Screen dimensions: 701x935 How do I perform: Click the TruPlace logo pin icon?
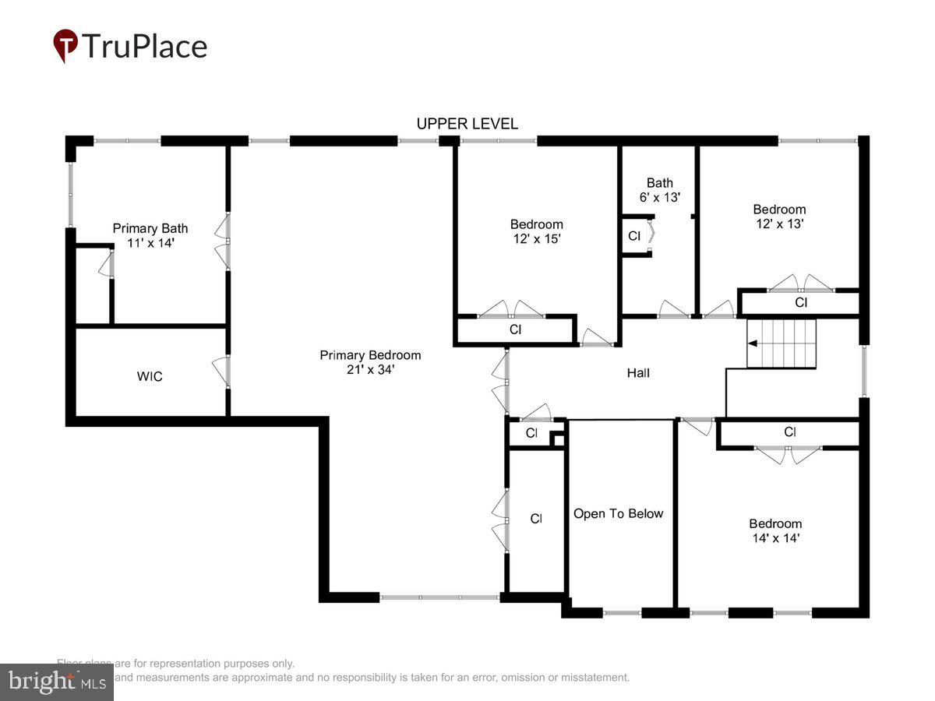[x=65, y=45]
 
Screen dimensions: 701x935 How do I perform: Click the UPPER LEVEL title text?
[x=467, y=124]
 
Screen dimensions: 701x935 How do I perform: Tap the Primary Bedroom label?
[x=370, y=355]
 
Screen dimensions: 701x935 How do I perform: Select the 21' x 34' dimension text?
[x=370, y=370]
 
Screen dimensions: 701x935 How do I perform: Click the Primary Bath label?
[x=150, y=228]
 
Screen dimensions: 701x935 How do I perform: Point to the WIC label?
[x=150, y=377]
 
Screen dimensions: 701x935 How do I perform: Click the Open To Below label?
[x=619, y=514]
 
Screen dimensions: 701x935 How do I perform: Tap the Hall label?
[x=638, y=373]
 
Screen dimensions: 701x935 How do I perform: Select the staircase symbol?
[x=782, y=343]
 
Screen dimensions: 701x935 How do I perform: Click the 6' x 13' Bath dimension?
[x=659, y=198]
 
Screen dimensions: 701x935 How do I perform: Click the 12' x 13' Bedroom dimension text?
[x=779, y=224]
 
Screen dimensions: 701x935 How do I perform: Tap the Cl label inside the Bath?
[x=633, y=236]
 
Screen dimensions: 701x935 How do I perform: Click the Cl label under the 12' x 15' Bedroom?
[x=515, y=329]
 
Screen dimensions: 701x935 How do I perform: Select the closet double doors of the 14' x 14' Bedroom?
[x=788, y=453]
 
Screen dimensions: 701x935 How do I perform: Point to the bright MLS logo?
[x=56, y=682]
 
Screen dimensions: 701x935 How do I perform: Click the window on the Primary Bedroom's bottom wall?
[x=439, y=597]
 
